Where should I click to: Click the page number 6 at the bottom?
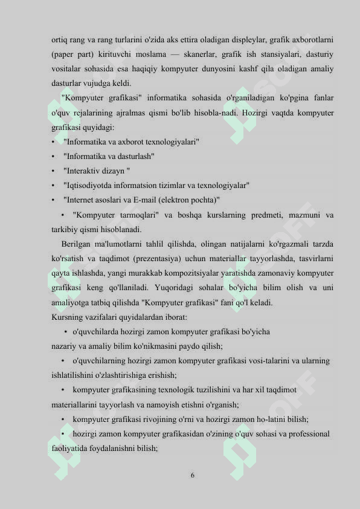tap(192, 475)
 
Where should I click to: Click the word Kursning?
tap(66, 317)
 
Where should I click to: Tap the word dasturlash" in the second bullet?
tap(133, 157)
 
